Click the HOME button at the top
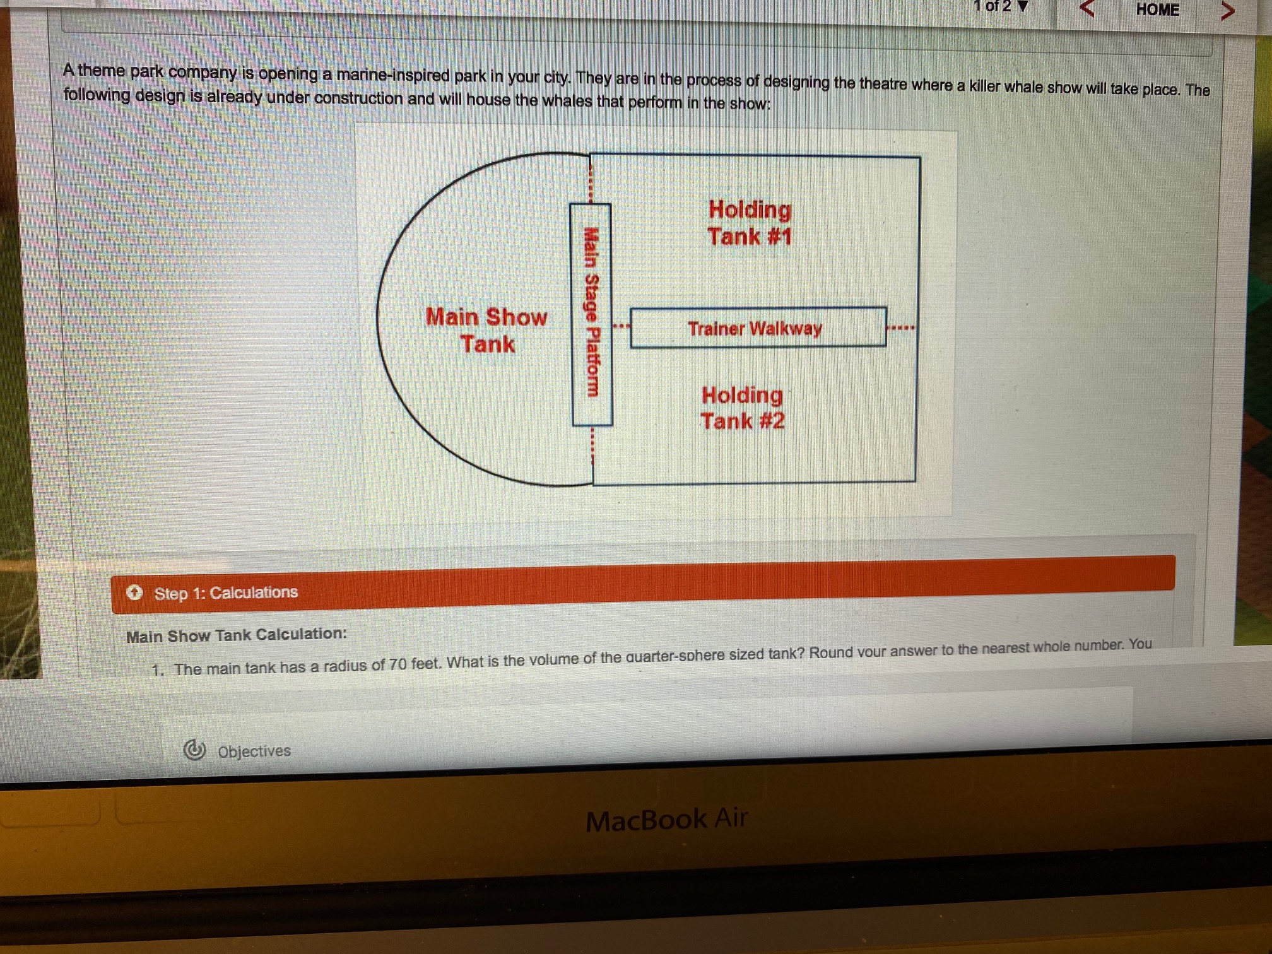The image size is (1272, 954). (1157, 9)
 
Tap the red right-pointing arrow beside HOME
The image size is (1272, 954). (1227, 10)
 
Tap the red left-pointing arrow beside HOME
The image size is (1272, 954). (1086, 8)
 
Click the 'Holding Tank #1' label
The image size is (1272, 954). (749, 223)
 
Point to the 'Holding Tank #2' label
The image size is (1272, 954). (742, 408)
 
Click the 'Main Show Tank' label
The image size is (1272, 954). (486, 331)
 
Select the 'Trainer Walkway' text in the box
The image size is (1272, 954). (755, 329)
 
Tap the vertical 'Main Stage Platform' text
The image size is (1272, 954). (591, 312)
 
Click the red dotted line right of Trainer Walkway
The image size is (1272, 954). (900, 327)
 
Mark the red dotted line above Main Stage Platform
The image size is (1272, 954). (591, 180)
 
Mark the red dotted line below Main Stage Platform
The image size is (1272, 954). (592, 446)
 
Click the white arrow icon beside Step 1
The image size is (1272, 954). (134, 592)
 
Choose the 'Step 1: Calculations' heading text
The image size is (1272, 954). (226, 593)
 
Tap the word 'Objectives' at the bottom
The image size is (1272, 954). (254, 751)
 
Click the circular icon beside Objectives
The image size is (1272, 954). (194, 750)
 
